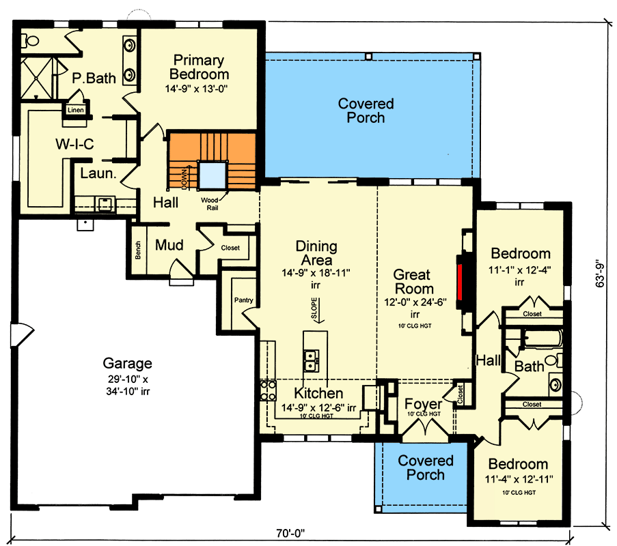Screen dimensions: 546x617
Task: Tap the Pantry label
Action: pyautogui.click(x=243, y=300)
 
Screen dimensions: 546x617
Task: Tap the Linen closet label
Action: pyautogui.click(x=74, y=109)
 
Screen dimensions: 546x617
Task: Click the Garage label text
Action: pyautogui.click(x=127, y=363)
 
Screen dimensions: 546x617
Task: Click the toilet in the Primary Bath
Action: pyautogui.click(x=29, y=41)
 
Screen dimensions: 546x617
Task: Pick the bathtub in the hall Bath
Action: pyautogui.click(x=541, y=339)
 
